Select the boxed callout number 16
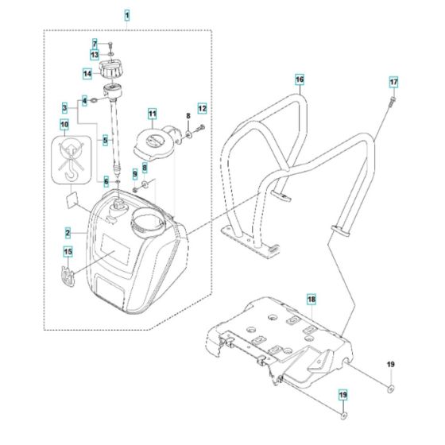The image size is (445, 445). (x=299, y=80)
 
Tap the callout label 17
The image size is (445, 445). (x=393, y=83)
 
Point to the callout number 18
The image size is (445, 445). (x=311, y=300)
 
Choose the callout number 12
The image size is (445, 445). (x=202, y=107)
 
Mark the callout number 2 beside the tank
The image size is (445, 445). (x=69, y=233)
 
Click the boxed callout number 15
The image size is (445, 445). (x=68, y=253)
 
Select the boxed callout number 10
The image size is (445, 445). (x=64, y=124)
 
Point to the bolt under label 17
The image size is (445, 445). (x=392, y=102)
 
